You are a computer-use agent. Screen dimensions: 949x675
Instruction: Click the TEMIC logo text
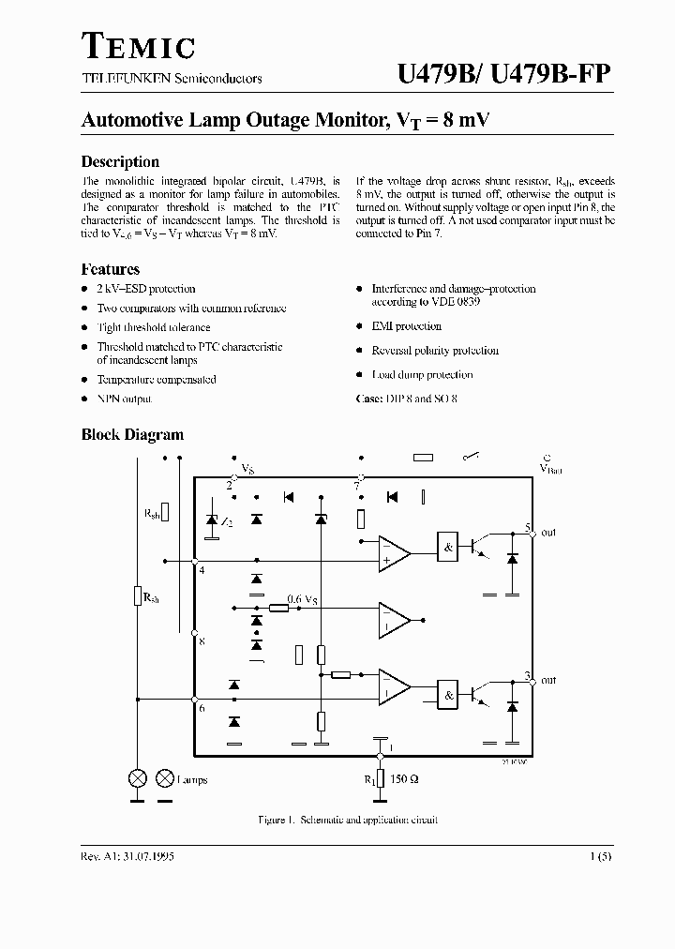(139, 47)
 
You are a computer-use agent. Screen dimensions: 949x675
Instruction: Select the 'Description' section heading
(120, 161)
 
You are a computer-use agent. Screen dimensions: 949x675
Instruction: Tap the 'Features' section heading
(111, 269)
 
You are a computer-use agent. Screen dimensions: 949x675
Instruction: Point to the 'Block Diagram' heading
(132, 435)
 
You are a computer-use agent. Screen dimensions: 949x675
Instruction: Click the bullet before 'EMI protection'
(360, 326)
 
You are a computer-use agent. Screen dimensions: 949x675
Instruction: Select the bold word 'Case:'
(369, 399)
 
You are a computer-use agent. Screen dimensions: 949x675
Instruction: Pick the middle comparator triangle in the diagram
(393, 619)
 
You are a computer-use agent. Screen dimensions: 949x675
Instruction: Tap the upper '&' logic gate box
(449, 548)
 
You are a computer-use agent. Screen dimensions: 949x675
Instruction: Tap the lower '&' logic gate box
(449, 695)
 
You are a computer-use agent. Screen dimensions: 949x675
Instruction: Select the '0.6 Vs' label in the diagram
(303, 599)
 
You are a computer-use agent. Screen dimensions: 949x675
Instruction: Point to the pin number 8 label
(202, 640)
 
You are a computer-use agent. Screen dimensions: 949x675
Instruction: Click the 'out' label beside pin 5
(548, 533)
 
